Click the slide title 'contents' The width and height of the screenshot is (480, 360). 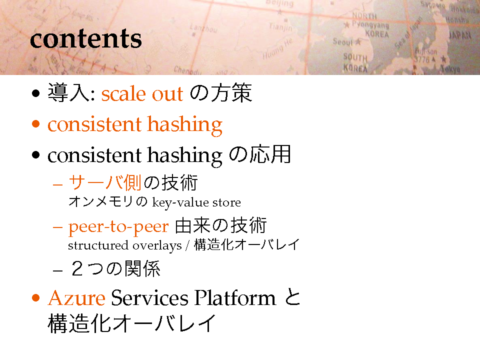85,39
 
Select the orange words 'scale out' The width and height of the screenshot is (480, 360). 142,93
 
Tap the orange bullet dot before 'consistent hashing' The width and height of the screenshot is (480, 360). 36,124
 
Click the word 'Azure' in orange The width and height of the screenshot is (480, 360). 76,297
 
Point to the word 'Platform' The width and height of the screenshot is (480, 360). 235,297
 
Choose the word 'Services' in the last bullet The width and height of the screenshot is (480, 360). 149,297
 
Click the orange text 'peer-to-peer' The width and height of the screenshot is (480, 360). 118,227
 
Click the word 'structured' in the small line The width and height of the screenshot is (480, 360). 98,245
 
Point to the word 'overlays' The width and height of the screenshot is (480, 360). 157,246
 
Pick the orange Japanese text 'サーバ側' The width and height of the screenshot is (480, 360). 104,182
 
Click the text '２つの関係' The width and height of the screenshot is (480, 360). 115,269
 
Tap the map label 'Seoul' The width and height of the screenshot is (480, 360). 343,41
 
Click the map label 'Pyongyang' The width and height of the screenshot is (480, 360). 370,24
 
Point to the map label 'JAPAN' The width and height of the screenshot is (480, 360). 460,35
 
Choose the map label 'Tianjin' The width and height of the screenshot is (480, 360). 280,27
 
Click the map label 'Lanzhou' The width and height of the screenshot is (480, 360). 203,28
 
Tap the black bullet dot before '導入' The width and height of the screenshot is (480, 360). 36,93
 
